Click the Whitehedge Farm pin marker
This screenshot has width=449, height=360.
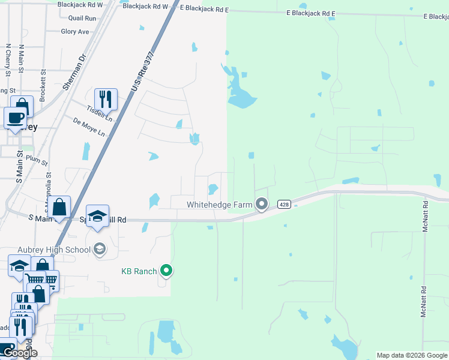[261, 205]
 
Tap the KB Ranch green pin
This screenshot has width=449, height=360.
[167, 271]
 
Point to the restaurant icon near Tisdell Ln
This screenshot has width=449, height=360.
[106, 98]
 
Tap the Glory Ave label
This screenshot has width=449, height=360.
[75, 32]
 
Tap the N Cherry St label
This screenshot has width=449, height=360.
[8, 59]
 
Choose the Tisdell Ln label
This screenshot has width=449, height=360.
[100, 111]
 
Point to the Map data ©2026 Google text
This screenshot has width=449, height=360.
[412, 355]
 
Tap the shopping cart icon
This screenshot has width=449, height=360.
[35, 278]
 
